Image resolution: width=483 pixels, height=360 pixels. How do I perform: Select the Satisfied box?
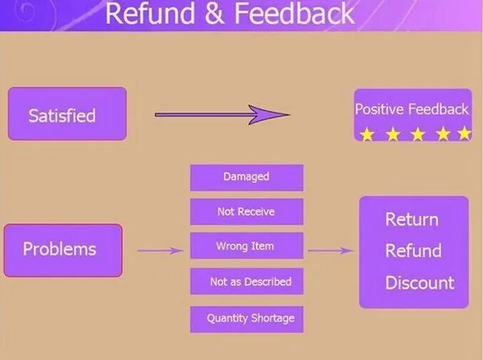[67, 114]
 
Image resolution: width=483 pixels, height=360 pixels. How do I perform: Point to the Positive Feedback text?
[411, 109]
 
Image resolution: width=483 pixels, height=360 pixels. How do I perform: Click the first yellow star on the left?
[367, 134]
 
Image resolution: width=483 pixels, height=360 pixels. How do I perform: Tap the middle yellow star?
[417, 134]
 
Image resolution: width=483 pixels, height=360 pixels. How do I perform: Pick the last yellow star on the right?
[464, 134]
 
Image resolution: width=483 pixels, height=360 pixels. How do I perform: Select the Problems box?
[63, 250]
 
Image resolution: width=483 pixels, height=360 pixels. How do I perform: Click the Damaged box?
[246, 177]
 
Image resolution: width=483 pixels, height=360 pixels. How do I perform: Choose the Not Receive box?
[246, 212]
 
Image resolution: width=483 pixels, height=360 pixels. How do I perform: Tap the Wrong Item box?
[246, 246]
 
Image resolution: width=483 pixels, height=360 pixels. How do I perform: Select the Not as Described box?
[246, 282]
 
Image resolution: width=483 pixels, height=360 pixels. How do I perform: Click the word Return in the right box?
[411, 220]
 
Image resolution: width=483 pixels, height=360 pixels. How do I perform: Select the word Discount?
[419, 283]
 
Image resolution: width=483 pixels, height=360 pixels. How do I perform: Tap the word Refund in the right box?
[413, 250]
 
